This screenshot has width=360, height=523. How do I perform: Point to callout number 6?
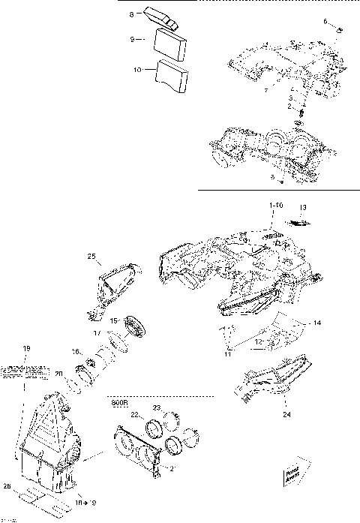(325, 21)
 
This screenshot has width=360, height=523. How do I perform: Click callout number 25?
(91, 257)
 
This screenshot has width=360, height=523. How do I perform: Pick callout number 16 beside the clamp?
(76, 351)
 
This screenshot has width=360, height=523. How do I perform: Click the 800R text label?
(118, 401)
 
